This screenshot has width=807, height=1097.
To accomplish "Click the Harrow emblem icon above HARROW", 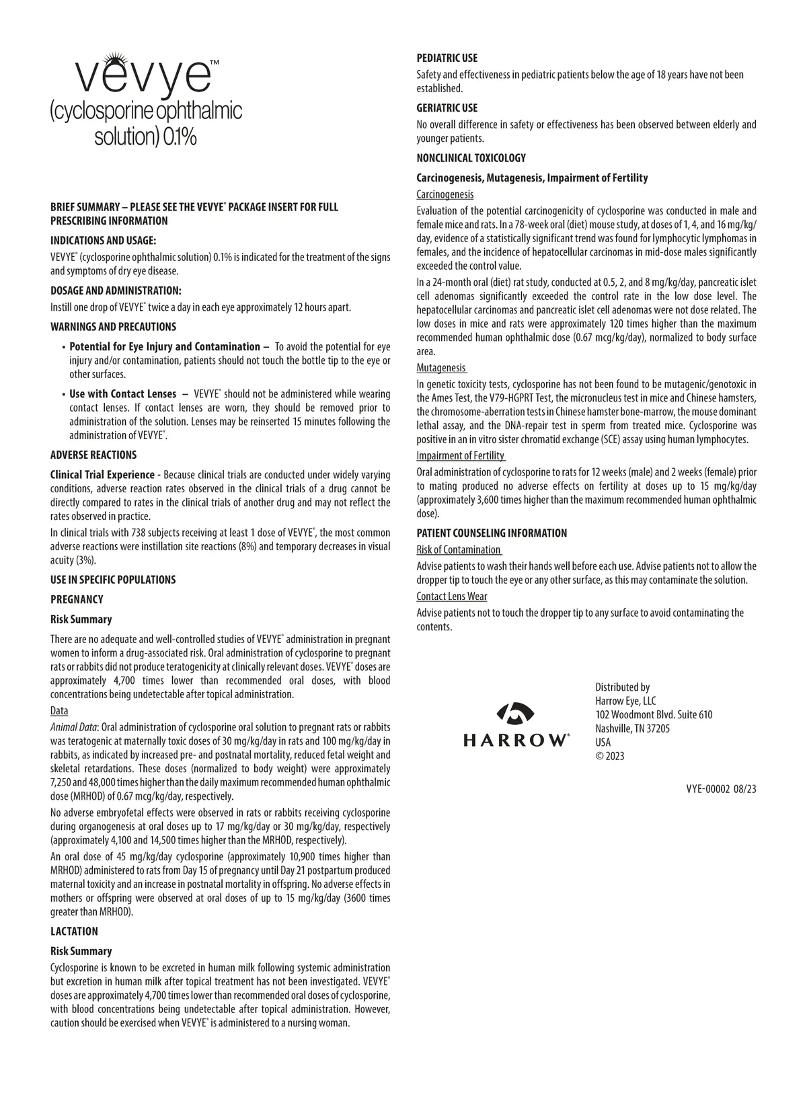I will (516, 714).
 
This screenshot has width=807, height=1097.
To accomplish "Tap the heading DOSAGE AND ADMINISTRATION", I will (116, 291).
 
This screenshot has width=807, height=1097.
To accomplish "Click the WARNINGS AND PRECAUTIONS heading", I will (113, 327).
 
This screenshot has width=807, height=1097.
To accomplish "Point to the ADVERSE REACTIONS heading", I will (93, 455).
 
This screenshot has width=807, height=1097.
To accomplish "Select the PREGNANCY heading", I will (77, 599).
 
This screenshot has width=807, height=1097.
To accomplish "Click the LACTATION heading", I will (74, 932).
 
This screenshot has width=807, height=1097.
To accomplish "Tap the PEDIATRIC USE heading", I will (447, 59).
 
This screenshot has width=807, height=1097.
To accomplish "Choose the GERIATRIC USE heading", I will (447, 108).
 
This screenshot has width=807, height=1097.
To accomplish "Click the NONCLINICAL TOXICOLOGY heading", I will (471, 158).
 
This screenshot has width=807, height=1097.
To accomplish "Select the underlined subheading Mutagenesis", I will (440, 368).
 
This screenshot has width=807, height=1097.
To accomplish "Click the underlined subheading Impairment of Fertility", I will (460, 456).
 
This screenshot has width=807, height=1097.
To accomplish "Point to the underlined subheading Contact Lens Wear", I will (451, 597).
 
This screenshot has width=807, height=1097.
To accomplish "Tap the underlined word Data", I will (59, 711).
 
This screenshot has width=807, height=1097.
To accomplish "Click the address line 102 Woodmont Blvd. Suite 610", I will (654, 714).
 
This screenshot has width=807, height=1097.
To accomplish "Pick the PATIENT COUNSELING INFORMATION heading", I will (492, 533).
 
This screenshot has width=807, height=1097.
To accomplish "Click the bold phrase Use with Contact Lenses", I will (123, 394).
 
